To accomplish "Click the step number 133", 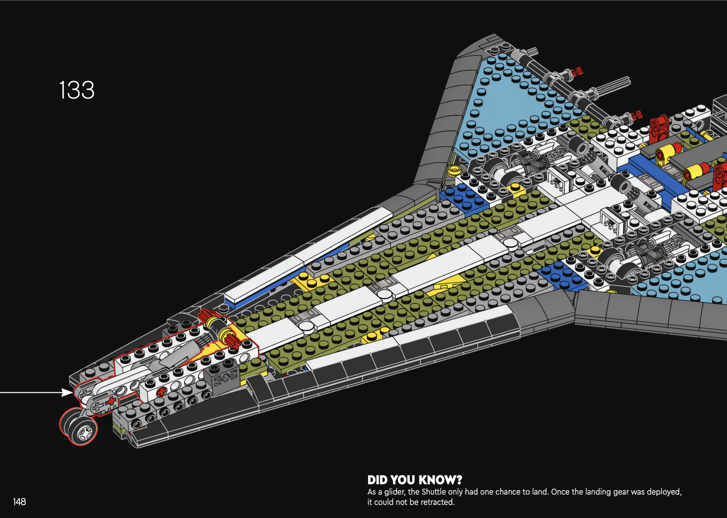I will pos(77,90).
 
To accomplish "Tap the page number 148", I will pos(19,502).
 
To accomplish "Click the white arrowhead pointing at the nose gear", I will pos(67,393).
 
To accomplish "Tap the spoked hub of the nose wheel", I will pos(85,434).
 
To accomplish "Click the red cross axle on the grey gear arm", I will pos(111,401).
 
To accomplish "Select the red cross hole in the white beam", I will pos(161,392).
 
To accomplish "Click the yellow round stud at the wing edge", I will pos(453,171).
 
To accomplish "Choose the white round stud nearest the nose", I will pos(306,326).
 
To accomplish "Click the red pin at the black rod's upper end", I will pos(577,72).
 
